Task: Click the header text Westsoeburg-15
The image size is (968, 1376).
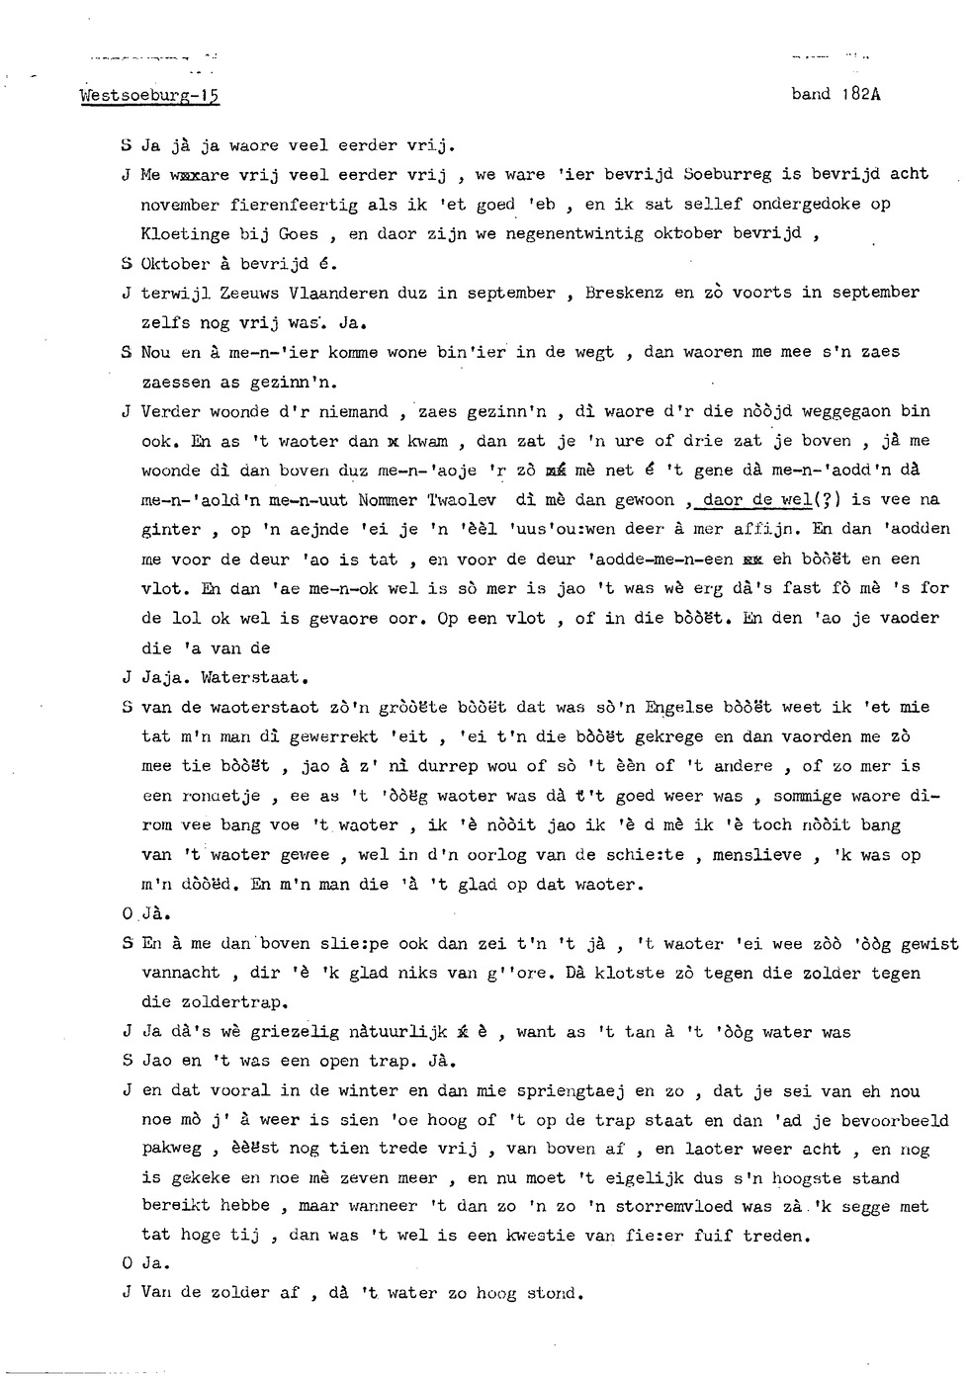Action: tap(148, 96)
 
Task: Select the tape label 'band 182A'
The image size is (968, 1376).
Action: tap(836, 95)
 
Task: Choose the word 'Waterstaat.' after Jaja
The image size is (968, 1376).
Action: tap(255, 678)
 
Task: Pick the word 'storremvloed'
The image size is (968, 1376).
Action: tap(656, 1206)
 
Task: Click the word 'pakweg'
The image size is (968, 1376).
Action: tap(172, 1149)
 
